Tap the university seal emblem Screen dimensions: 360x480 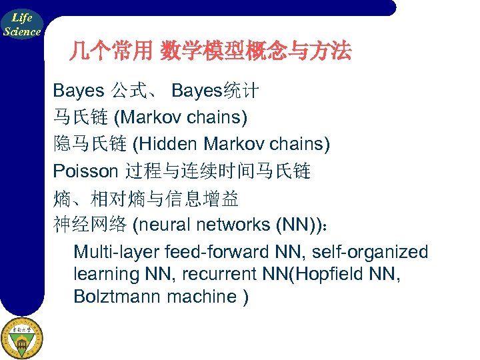(22, 338)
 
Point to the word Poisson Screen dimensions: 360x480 (85, 171)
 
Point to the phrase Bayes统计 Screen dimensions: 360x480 (215, 91)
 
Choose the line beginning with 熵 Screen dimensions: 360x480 (145, 198)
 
